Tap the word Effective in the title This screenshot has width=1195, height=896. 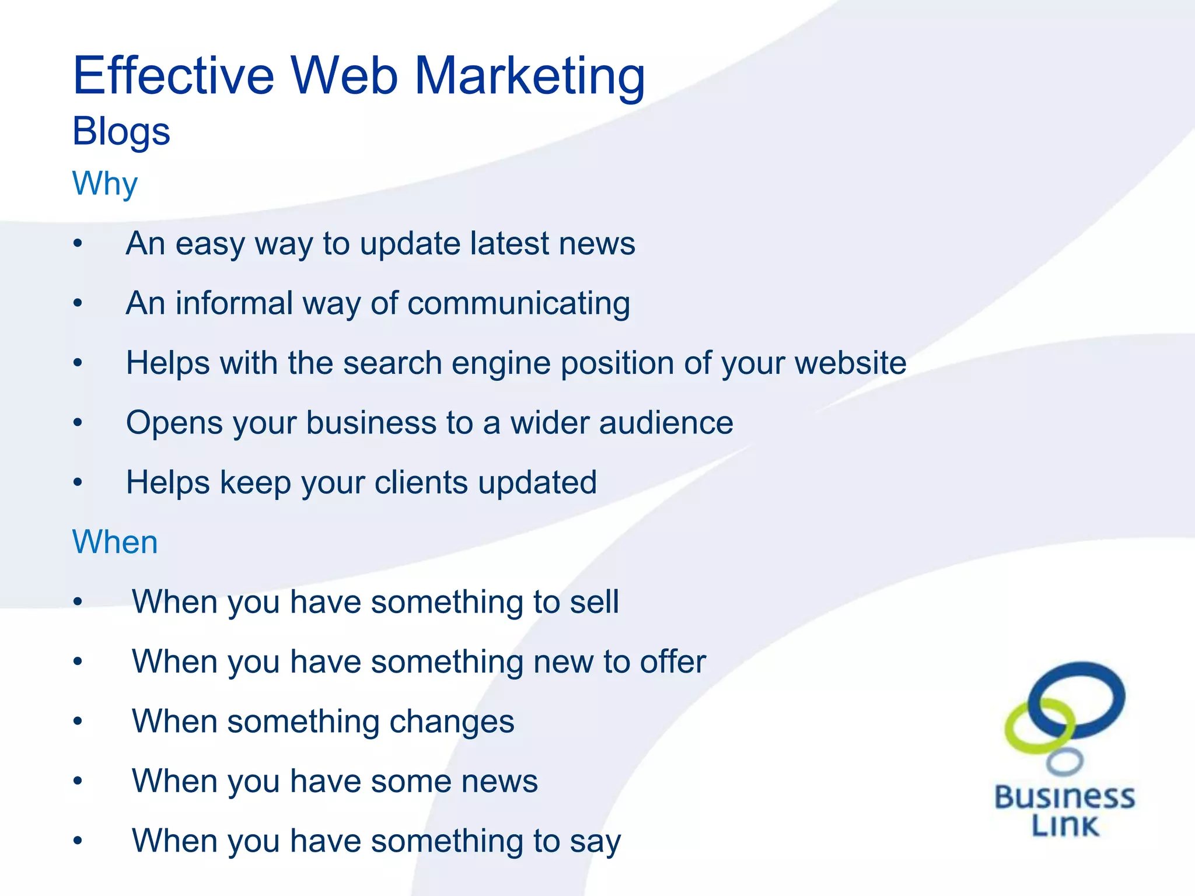coord(173,76)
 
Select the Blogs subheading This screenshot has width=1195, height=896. coord(121,132)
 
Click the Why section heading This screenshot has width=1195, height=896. coord(105,184)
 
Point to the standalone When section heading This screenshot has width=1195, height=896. coord(115,542)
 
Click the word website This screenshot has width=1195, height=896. coord(850,363)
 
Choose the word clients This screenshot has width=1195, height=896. coord(421,483)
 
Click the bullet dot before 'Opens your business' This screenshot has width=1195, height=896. coord(78,422)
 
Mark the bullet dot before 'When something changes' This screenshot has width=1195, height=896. coord(78,722)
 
